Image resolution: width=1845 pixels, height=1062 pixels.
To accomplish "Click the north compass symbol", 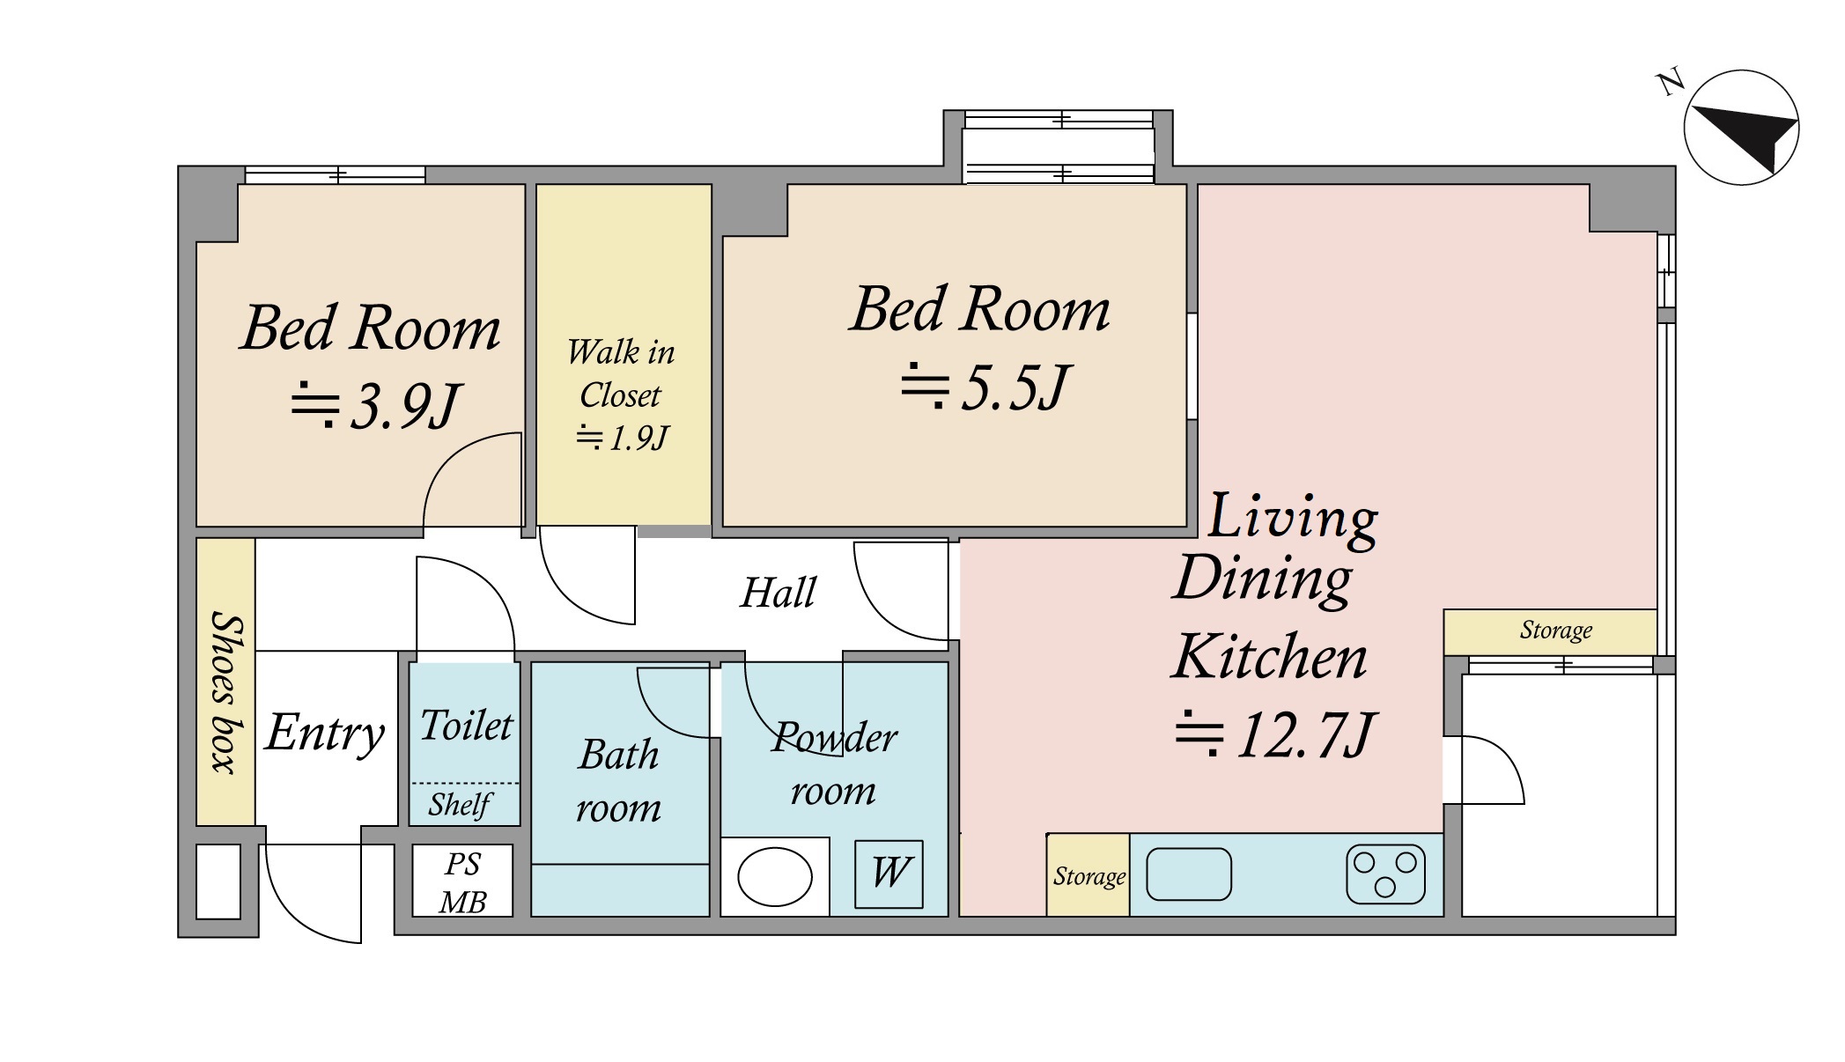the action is click(x=1741, y=128).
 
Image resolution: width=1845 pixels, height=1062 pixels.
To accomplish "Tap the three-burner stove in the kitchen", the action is click(x=1385, y=874).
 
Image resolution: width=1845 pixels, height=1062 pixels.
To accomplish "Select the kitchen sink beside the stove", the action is click(x=1189, y=874).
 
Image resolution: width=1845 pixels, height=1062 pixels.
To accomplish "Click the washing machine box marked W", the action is click(x=889, y=874).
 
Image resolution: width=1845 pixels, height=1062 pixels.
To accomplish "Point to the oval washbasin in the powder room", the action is click(x=774, y=876).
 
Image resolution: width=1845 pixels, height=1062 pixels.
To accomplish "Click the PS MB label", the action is click(x=463, y=883).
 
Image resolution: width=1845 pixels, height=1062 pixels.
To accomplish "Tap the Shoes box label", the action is click(x=225, y=692).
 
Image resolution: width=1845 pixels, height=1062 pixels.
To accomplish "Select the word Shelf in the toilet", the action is click(x=461, y=805).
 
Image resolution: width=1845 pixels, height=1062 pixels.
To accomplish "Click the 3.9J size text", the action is click(x=376, y=406).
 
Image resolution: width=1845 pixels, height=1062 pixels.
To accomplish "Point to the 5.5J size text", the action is click(x=985, y=387).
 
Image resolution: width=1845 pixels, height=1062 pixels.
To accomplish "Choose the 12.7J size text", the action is click(x=1274, y=734).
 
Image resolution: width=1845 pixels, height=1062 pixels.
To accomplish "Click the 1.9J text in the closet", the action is click(x=623, y=438).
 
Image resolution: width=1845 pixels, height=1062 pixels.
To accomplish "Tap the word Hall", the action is click(x=779, y=593).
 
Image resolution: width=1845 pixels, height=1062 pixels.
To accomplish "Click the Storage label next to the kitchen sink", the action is click(x=1089, y=876).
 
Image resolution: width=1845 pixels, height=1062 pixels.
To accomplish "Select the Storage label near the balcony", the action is click(x=1556, y=631).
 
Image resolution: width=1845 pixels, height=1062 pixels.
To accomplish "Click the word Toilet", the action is click(x=466, y=726).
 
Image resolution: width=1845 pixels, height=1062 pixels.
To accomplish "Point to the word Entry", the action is click(x=325, y=734).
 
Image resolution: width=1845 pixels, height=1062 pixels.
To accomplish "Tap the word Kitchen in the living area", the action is click(x=1270, y=657).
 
